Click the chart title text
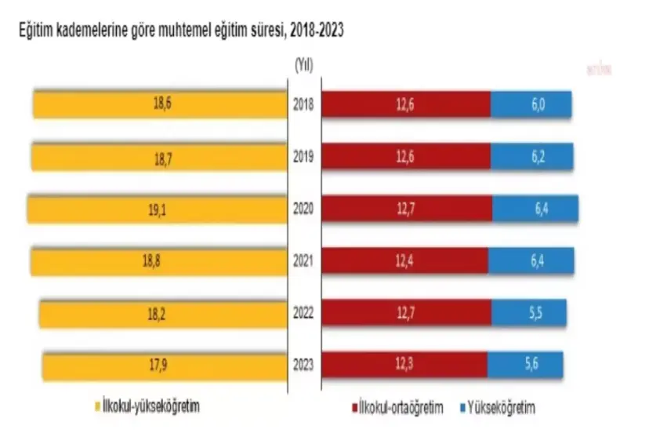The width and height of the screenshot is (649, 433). [x=176, y=31]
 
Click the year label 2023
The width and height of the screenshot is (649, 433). [x=303, y=365]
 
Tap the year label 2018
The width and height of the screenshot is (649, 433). [x=303, y=104]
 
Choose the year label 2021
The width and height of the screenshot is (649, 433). [x=303, y=260]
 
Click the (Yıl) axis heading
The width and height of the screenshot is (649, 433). [x=303, y=65]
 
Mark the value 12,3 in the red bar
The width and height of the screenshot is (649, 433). [x=404, y=365]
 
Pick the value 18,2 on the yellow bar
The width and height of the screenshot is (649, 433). [x=165, y=312]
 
